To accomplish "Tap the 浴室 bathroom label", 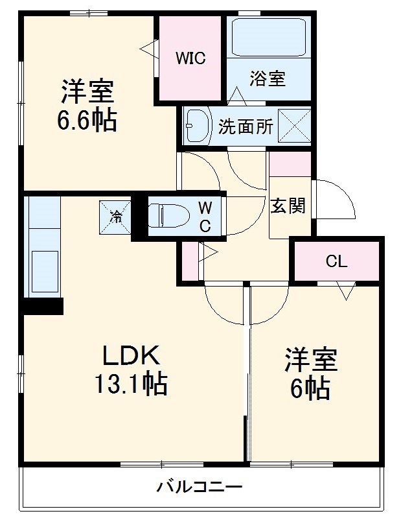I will [268, 78].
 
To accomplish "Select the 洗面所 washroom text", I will [246, 125].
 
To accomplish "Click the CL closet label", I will [336, 262].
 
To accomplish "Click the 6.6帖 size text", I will [87, 121].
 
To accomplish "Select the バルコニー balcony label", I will [200, 486].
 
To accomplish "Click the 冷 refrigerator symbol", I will [115, 215].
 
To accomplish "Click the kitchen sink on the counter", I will [43, 266].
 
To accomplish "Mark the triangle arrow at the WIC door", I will [148, 47].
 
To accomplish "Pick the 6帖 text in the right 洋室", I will [312, 388].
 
